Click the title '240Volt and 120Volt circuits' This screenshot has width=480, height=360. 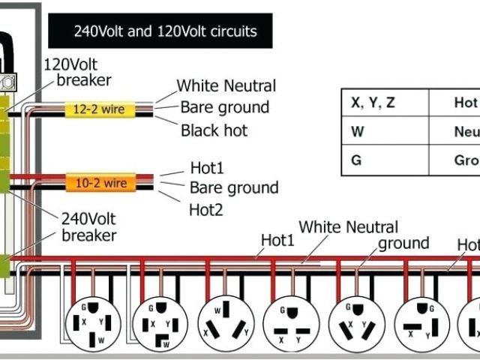point(165,31)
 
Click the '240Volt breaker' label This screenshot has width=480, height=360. point(89,228)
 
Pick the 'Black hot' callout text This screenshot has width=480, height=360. point(214,130)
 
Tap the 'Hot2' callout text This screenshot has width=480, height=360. point(205,210)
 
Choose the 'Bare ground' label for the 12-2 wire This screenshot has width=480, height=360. point(224,107)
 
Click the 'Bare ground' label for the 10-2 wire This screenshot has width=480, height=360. point(233,187)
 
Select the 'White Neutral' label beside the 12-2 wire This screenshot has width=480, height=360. point(226,86)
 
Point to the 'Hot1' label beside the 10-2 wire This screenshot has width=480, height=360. point(207,168)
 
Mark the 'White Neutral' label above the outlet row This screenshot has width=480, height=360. point(348,226)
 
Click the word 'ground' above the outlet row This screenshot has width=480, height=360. point(403,243)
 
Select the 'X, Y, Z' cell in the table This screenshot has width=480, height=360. point(373,103)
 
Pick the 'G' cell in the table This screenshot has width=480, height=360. point(356,160)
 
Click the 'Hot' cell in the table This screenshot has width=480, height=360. point(465,103)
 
